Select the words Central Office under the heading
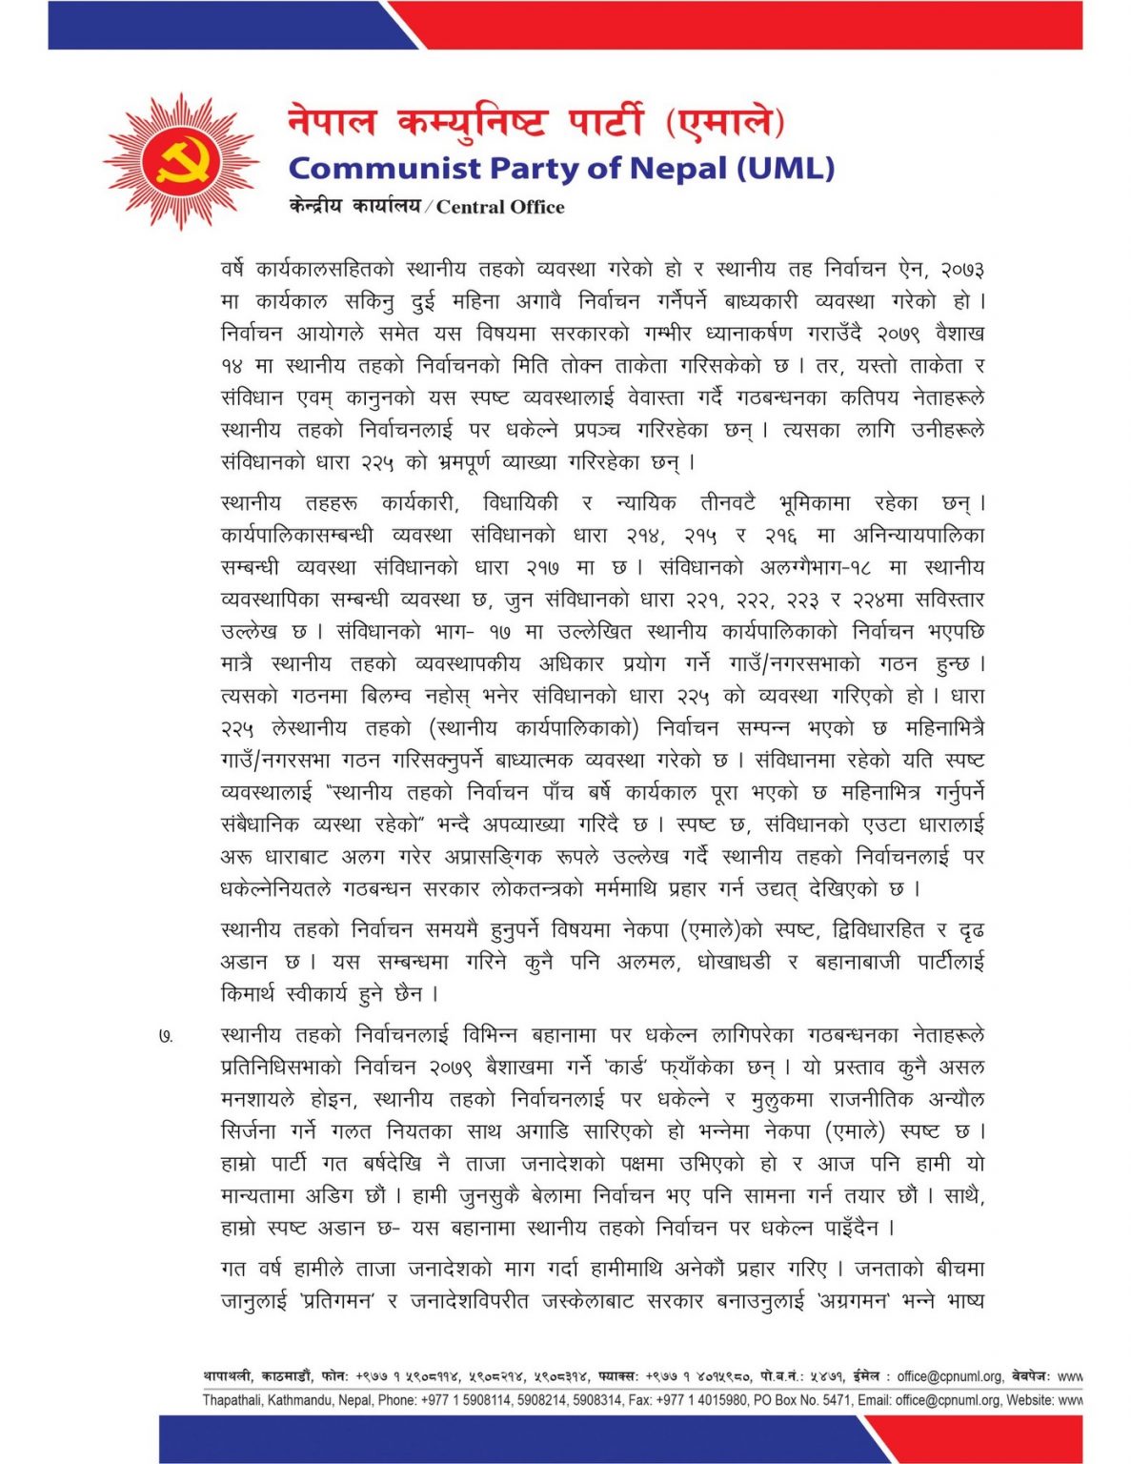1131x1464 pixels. pos(500,207)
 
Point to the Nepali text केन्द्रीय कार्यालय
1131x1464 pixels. pos(354,206)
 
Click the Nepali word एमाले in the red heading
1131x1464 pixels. pos(727,123)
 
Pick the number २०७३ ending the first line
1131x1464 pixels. pos(962,270)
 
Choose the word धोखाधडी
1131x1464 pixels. pos(734,963)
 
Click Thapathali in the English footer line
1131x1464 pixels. pos(232,1400)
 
